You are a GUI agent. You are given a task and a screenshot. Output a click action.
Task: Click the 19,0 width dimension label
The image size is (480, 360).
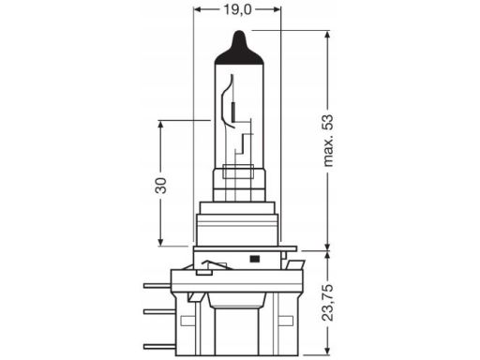[x=237, y=9]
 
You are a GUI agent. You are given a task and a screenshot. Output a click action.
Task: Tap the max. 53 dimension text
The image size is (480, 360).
[x=328, y=141]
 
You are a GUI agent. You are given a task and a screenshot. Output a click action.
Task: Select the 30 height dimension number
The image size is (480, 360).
[x=161, y=186]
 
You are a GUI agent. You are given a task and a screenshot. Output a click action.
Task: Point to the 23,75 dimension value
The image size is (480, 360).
[x=328, y=303]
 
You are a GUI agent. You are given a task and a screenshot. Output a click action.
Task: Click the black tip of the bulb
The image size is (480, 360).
[x=239, y=50]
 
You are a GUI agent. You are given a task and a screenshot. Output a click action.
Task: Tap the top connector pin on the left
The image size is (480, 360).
[x=157, y=285]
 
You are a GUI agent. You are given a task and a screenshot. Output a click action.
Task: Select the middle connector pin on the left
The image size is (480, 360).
[x=159, y=311]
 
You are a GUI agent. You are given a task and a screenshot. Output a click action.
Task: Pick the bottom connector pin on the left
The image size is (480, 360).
[x=159, y=346]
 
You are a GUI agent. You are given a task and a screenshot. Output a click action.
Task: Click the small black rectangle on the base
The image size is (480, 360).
[x=255, y=259]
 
